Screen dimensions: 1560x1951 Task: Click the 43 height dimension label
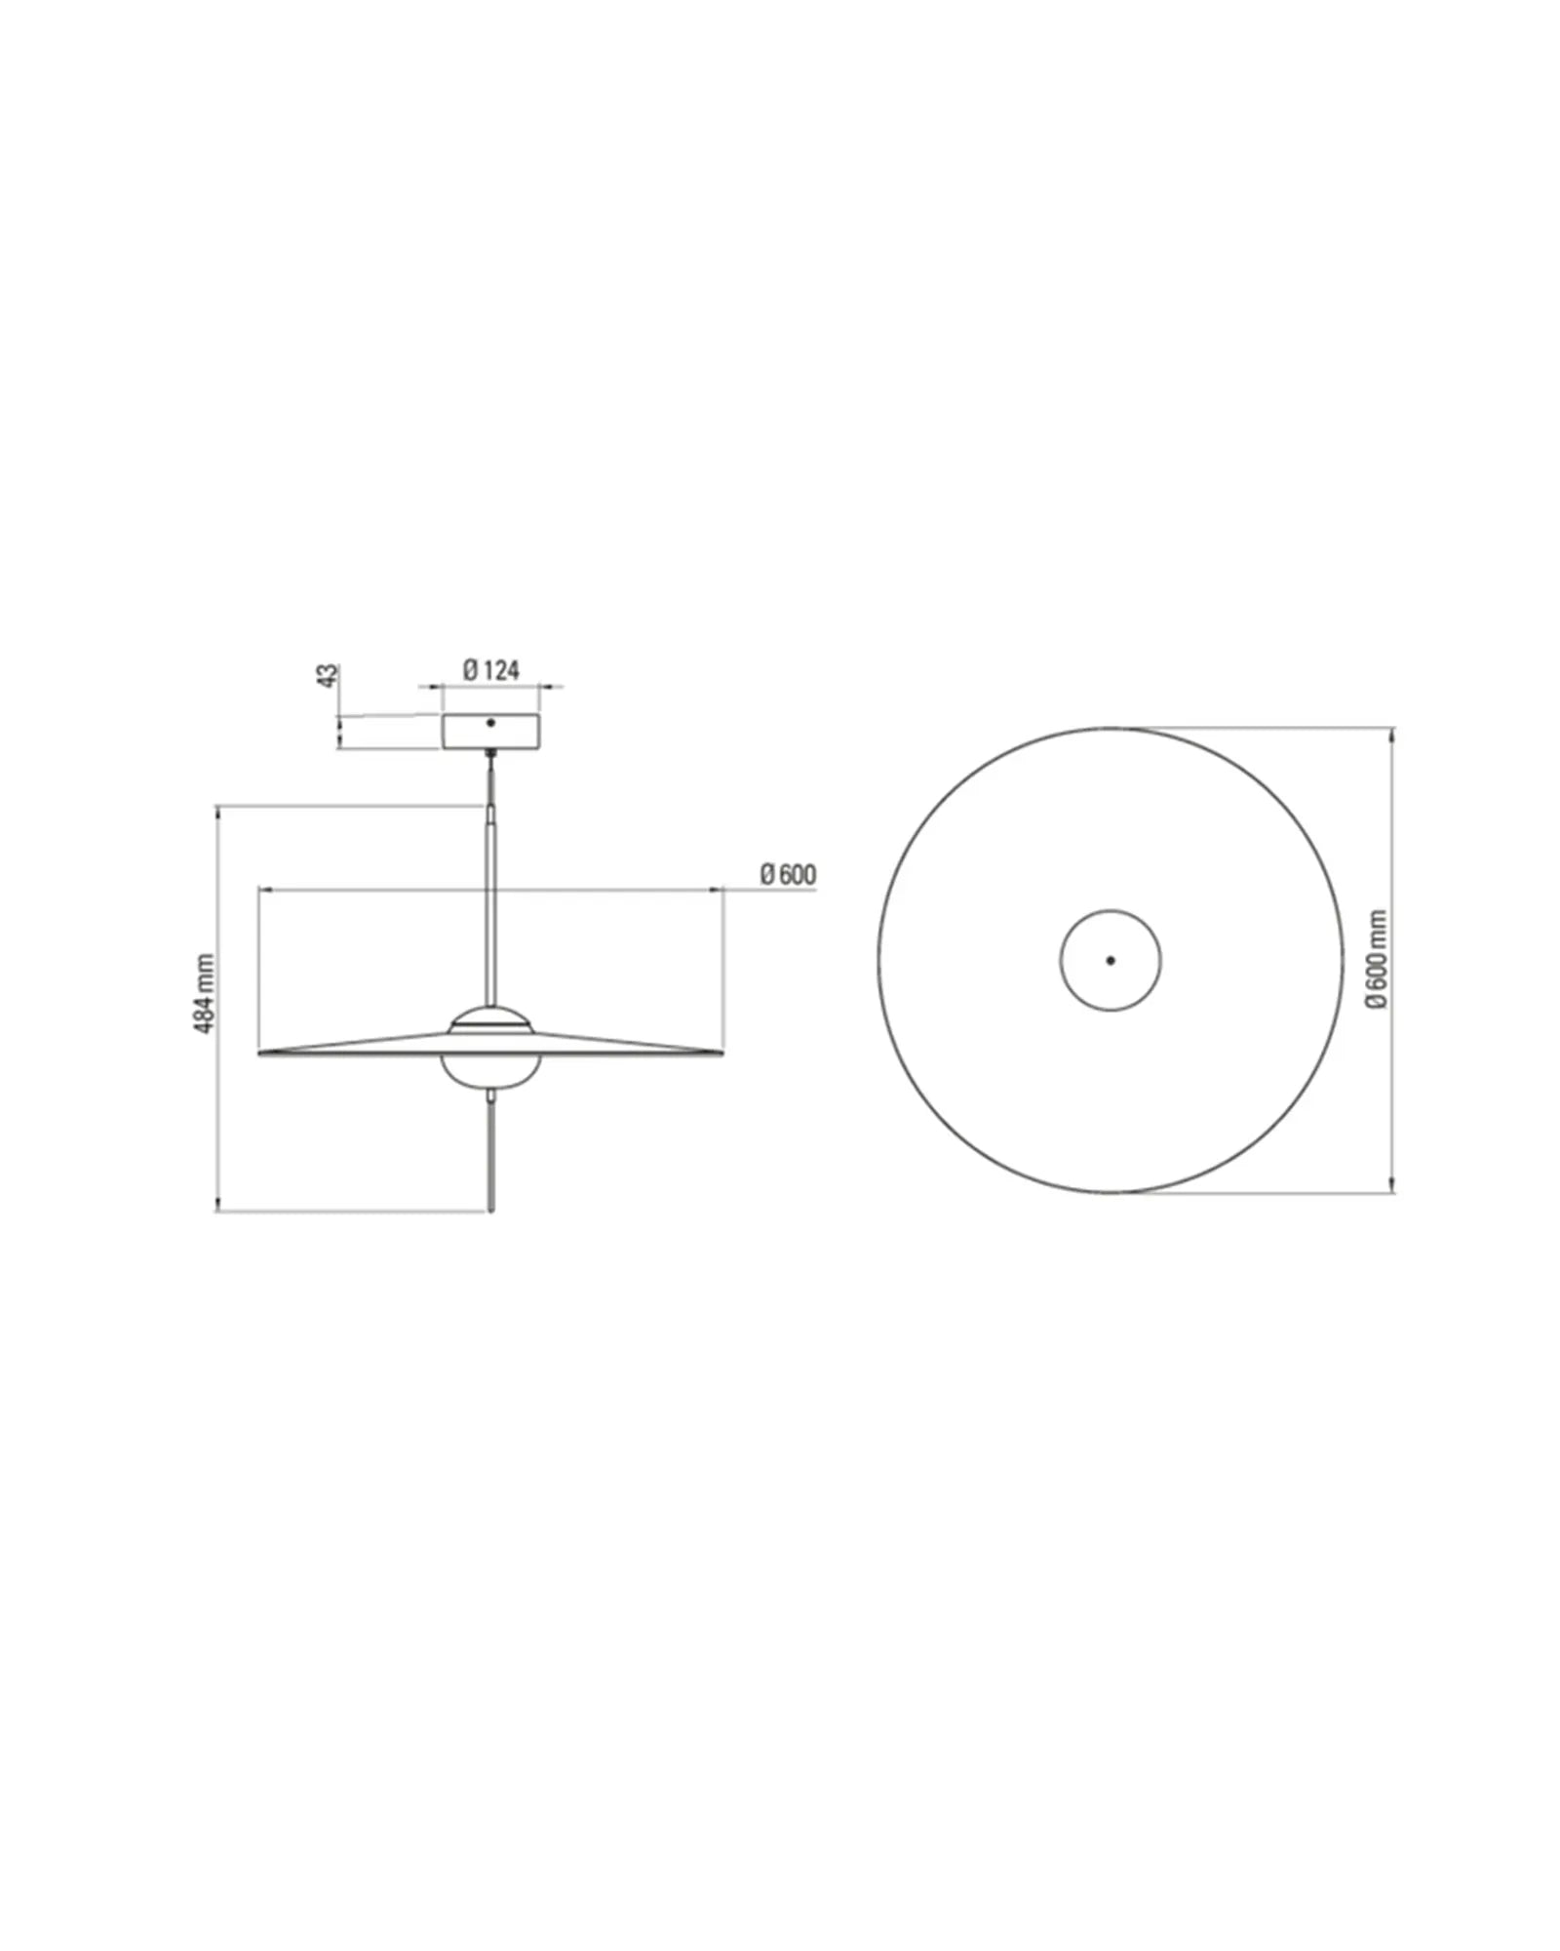point(331,675)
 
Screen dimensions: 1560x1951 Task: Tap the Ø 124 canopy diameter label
point(491,670)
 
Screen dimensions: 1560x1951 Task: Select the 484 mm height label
point(205,994)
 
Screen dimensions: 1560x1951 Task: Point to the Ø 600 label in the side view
point(788,875)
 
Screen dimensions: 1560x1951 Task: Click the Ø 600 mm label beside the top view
point(1376,960)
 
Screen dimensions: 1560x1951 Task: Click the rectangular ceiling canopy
point(490,732)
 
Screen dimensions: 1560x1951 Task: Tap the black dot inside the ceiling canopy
point(490,723)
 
